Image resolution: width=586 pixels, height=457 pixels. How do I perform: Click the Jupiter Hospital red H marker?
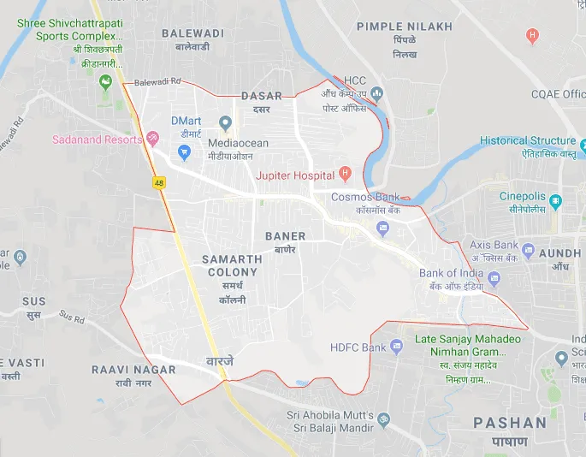tap(345, 174)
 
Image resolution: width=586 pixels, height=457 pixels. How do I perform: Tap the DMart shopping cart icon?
tap(183, 152)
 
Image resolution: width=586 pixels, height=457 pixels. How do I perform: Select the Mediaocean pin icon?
tap(226, 123)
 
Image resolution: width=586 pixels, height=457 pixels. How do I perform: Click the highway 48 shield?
tap(159, 182)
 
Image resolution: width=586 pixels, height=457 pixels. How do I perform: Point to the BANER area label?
tap(285, 235)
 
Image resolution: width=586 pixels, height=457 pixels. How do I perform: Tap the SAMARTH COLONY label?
tap(232, 265)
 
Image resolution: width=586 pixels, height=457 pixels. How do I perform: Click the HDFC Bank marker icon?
tap(396, 347)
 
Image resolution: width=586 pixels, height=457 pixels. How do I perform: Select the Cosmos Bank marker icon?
tap(382, 227)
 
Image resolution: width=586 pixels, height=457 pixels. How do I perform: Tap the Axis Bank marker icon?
tap(529, 251)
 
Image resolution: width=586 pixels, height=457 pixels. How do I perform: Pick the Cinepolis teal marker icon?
tap(556, 202)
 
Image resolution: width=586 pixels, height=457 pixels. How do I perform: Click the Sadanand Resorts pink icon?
tap(152, 138)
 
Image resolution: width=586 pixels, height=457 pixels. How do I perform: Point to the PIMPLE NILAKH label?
tap(404, 27)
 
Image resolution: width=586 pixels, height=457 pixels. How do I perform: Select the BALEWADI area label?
tap(192, 33)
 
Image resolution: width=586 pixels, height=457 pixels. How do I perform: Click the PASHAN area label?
tap(510, 423)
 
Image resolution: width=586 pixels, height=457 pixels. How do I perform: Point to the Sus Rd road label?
tap(73, 318)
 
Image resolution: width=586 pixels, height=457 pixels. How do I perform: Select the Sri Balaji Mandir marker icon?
tap(383, 420)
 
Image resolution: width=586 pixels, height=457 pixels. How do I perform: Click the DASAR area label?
tap(261, 96)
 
